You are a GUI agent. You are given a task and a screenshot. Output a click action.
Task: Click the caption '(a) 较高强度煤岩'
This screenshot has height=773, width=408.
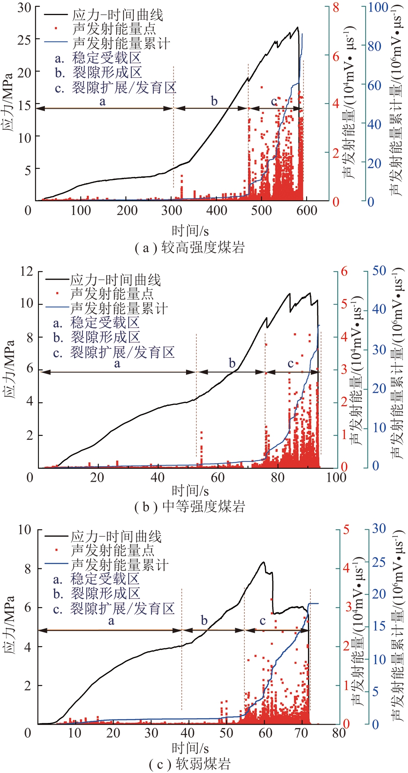[190, 248]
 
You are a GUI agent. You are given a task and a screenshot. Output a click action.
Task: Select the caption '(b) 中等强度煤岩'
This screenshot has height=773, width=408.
[190, 506]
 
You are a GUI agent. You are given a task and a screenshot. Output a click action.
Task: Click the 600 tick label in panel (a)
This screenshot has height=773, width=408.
[307, 211]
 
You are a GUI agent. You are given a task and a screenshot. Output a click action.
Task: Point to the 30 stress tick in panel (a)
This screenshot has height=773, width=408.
[24, 8]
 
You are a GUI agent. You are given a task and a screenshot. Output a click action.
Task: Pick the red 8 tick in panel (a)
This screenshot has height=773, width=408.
[335, 7]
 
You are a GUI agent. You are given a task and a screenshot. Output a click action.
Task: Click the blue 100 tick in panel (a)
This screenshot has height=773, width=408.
[379, 7]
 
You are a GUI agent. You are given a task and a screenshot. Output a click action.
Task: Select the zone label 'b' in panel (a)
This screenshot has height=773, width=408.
[214, 101]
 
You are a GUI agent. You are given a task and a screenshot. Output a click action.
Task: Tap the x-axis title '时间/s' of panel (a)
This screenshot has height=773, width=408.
[190, 231]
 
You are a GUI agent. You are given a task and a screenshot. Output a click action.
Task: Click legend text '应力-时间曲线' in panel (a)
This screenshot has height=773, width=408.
[117, 15]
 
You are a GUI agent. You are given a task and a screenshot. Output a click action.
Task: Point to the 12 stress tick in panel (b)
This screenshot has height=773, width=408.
[26, 271]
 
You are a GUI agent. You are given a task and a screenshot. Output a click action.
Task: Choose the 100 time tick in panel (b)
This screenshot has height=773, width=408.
[336, 477]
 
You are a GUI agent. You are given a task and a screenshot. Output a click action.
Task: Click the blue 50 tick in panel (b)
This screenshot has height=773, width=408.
[379, 271]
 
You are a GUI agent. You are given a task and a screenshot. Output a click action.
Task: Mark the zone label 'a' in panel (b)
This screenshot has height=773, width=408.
[117, 364]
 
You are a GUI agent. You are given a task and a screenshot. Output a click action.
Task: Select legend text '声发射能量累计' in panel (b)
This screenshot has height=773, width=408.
[119, 308]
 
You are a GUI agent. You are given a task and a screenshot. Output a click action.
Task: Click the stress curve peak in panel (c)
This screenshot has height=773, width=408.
[263, 562]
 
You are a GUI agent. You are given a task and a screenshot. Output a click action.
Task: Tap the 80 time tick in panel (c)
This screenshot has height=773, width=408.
[338, 733]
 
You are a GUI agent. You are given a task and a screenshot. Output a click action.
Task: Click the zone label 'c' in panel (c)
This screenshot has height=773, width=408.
[263, 621]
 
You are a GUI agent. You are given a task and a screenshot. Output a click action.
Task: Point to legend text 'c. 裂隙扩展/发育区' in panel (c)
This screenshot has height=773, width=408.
[114, 609]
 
